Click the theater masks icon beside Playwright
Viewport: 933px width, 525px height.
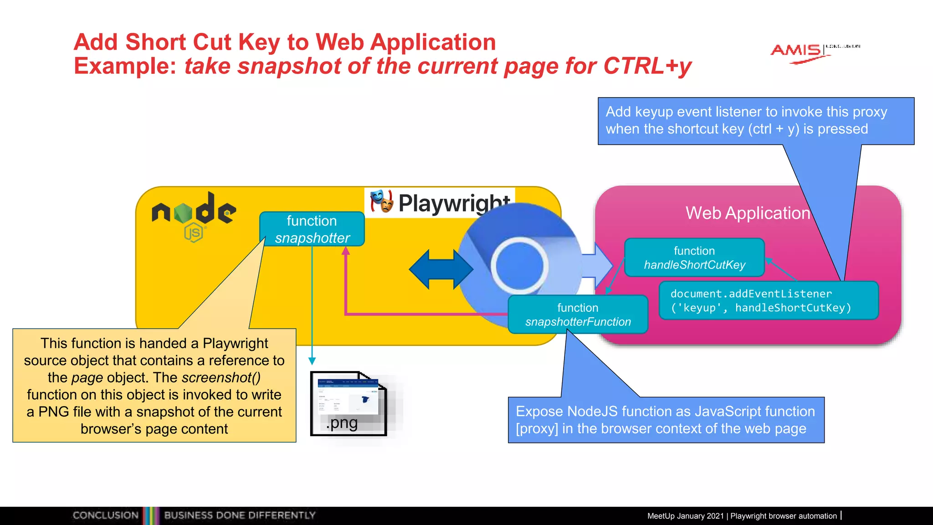coord(381,201)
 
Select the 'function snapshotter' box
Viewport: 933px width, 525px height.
coord(312,229)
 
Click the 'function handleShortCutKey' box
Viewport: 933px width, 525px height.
coord(694,257)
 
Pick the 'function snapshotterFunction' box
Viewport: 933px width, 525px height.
coord(578,314)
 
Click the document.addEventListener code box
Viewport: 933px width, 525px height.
coord(768,301)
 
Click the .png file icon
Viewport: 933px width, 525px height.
coord(349,404)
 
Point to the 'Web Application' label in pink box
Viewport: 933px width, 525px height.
coord(748,213)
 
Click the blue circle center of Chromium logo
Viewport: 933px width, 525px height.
coord(519,266)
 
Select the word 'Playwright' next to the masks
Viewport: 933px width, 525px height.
coord(454,203)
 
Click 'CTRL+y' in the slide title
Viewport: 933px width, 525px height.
coord(647,66)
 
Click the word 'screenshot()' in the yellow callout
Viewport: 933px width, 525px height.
coord(221,377)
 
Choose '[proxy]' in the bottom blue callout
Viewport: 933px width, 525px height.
coord(537,429)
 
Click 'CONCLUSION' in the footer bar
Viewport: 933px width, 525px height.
coord(105,515)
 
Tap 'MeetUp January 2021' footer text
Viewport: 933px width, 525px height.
coord(685,516)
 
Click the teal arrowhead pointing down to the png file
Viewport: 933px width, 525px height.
coord(312,361)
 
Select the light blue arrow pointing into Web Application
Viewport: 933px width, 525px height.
coord(600,266)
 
